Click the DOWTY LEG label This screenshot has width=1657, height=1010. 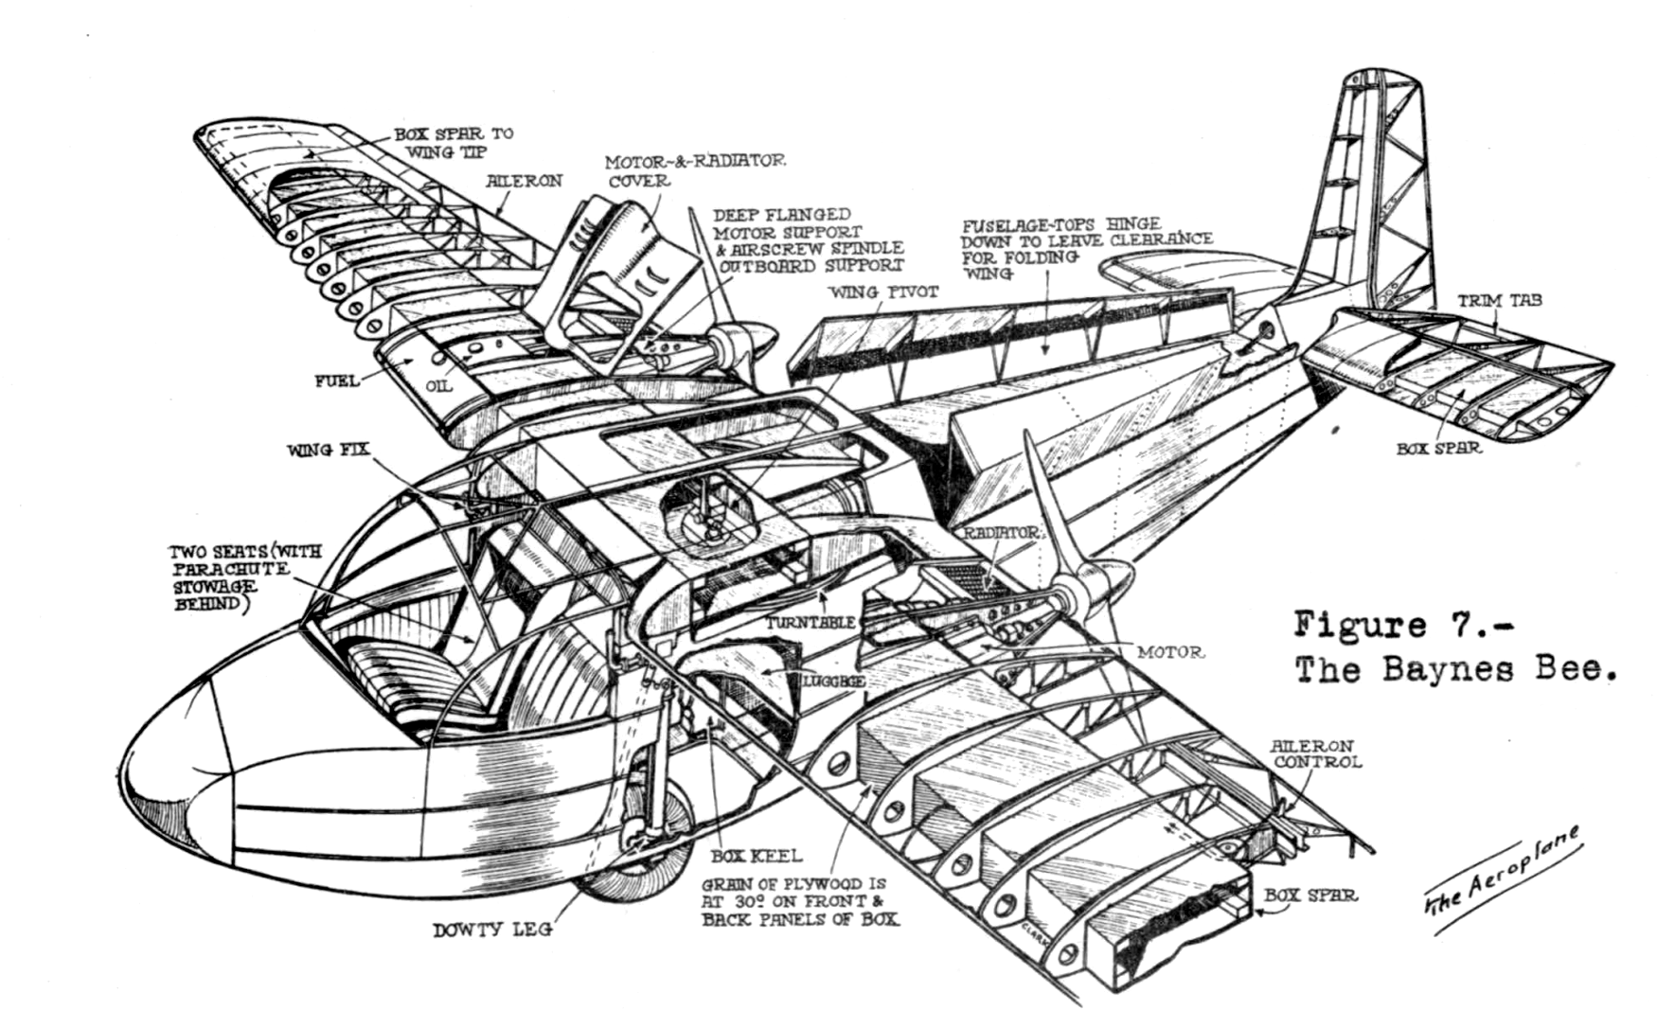click(492, 930)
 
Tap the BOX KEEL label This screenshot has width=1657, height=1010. click(757, 856)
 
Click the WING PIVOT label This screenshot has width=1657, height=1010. click(883, 292)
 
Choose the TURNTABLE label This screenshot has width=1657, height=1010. click(811, 622)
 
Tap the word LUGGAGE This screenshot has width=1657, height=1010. click(832, 681)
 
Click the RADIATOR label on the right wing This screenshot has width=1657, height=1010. click(1002, 534)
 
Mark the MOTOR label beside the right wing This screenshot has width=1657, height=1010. click(1170, 652)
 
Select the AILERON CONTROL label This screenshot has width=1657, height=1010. click(1317, 753)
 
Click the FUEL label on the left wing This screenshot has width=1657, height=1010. click(337, 381)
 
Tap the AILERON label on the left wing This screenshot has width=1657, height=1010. click(526, 180)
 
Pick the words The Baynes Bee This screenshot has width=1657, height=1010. click(1453, 670)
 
